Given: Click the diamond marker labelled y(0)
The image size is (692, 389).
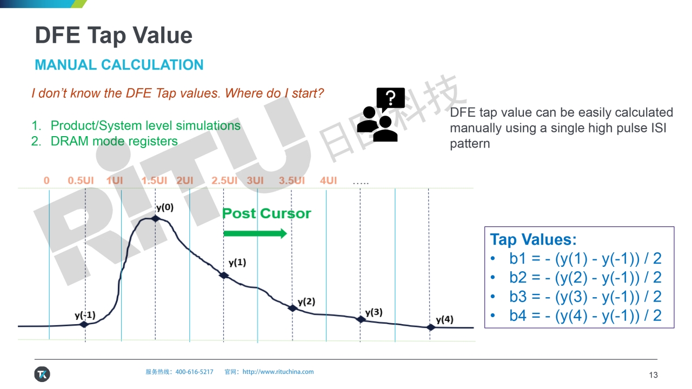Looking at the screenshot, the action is click(155, 219).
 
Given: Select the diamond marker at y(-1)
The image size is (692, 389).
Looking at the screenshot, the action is click(84, 324).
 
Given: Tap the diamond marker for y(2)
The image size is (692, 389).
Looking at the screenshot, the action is click(292, 308).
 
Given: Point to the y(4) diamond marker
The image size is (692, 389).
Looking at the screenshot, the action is click(430, 327).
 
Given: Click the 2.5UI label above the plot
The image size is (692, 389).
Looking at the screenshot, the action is click(224, 180).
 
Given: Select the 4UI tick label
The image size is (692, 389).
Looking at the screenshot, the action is click(328, 180).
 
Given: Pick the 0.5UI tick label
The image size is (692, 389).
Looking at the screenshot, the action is click(81, 180).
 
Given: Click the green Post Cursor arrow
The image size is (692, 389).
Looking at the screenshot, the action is click(255, 233).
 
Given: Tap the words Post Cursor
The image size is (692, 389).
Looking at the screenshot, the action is click(267, 213).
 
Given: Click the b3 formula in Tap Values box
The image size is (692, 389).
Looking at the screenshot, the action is click(585, 297).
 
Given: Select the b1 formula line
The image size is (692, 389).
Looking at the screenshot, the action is click(585, 259).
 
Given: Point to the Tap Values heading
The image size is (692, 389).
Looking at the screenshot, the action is click(534, 239).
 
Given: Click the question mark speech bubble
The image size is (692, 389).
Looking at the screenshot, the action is click(390, 98).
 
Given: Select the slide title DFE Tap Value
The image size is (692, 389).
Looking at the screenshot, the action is click(114, 36).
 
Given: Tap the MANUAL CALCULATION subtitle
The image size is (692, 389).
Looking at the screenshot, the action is click(119, 65).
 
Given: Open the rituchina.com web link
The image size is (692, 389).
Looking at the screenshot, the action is click(278, 372).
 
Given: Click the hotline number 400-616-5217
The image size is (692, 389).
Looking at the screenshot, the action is click(194, 372).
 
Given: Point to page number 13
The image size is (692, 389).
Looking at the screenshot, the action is click(654, 375).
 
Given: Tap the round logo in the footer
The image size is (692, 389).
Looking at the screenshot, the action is click(42, 374).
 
